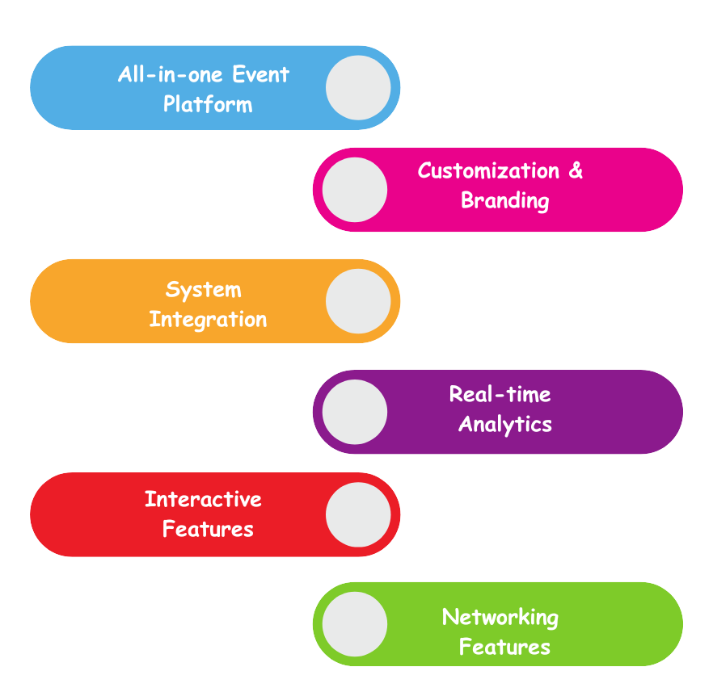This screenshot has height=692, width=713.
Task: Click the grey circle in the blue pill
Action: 358,87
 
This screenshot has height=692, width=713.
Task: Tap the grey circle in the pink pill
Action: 355,190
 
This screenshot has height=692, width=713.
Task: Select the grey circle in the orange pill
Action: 358,301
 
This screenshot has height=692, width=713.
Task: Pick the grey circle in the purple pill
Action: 355,412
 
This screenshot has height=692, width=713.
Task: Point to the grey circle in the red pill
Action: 358,514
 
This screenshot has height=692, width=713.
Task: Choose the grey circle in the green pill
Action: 355,624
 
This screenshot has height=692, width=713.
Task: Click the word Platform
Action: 208,105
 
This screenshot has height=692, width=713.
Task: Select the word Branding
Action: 505,200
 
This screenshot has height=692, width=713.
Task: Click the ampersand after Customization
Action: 576,171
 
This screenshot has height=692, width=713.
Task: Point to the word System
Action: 204,290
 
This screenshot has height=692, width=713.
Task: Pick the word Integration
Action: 208,319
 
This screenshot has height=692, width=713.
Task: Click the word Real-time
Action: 500,395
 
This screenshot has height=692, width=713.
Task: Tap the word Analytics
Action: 505,424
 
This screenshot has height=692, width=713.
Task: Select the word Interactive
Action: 203,499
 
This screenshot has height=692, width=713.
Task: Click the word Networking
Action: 500,618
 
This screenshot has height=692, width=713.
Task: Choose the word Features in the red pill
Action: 208,530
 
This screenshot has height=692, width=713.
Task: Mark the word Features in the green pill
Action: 504,647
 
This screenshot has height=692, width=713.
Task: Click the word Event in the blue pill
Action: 260,75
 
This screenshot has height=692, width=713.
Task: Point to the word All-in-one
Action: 171,75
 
